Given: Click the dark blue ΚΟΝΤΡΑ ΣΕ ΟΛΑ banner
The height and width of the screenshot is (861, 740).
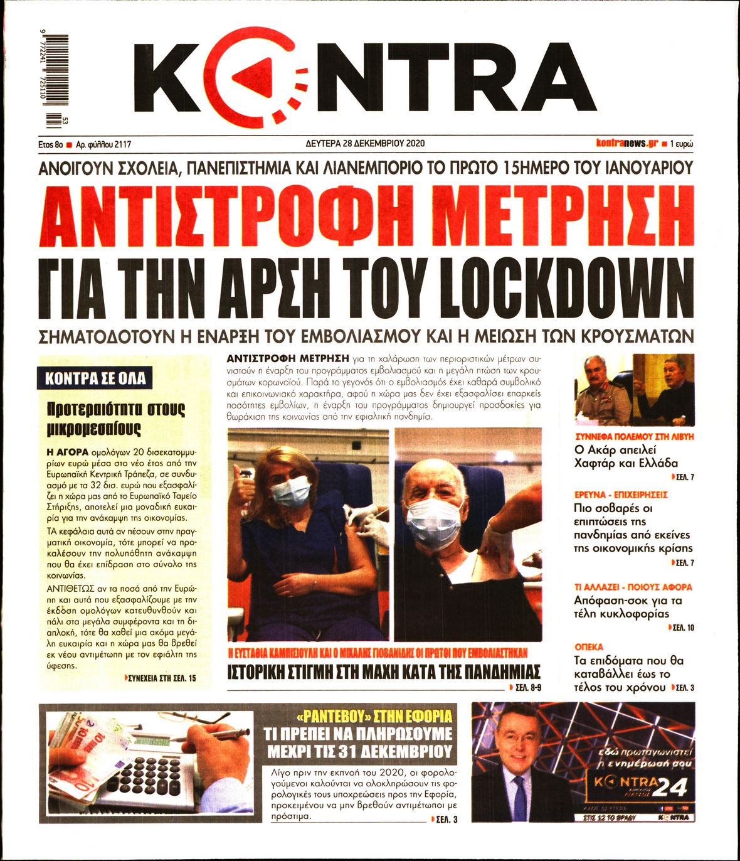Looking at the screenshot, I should click(x=95, y=378).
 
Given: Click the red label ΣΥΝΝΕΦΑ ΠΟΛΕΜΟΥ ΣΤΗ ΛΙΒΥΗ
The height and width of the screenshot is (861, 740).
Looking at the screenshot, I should click(x=634, y=436).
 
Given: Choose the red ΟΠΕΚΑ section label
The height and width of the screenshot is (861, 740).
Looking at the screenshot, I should click(x=588, y=646).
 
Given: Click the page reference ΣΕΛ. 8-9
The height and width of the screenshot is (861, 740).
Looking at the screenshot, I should click(x=527, y=688).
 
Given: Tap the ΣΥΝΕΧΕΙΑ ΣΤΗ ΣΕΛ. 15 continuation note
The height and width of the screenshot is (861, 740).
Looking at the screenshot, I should click(x=161, y=678).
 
